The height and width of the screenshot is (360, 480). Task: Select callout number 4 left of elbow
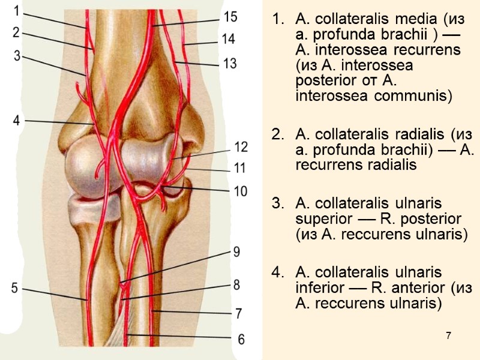click(17, 120)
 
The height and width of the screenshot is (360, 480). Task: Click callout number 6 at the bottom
click(241, 339)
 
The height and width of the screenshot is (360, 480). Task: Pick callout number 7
click(238, 313)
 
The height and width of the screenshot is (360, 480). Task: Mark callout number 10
click(240, 191)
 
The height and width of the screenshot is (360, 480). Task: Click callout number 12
click(240, 146)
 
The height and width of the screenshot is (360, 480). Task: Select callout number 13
click(229, 62)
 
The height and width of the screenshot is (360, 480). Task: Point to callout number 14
click(228, 40)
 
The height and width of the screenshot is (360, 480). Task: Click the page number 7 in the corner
click(448, 334)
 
